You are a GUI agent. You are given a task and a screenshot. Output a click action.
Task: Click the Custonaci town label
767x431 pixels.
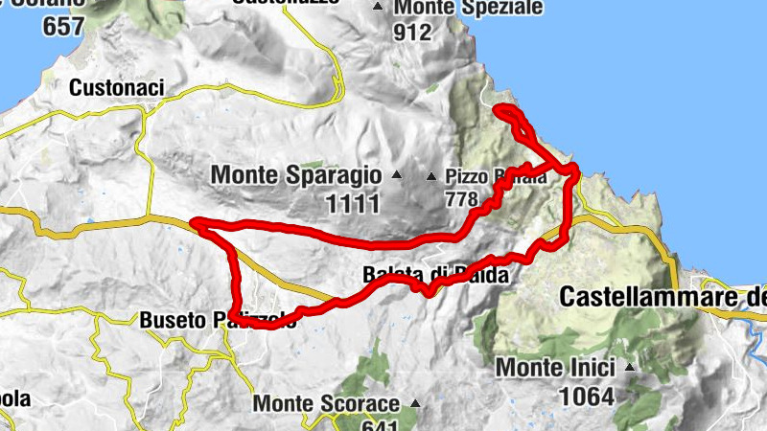[x=117, y=88]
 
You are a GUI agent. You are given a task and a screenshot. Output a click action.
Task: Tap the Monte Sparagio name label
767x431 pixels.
[x=294, y=176]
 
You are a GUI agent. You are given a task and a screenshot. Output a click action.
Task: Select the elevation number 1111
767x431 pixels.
[x=353, y=202]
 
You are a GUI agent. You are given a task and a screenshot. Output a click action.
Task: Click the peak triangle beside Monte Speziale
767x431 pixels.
[x=378, y=8]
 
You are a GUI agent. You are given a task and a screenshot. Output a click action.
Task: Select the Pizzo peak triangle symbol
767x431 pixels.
[x=431, y=176]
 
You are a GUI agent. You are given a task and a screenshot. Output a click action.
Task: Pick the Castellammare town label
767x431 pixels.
[x=662, y=297]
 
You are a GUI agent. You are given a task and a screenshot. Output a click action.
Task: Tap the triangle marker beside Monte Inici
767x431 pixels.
[x=630, y=367]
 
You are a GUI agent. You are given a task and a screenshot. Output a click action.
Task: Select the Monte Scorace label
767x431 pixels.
[x=326, y=403]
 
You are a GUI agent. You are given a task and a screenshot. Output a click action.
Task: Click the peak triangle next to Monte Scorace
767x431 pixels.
[x=415, y=403]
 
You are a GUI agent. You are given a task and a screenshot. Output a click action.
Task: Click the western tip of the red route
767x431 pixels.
[x=195, y=224]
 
